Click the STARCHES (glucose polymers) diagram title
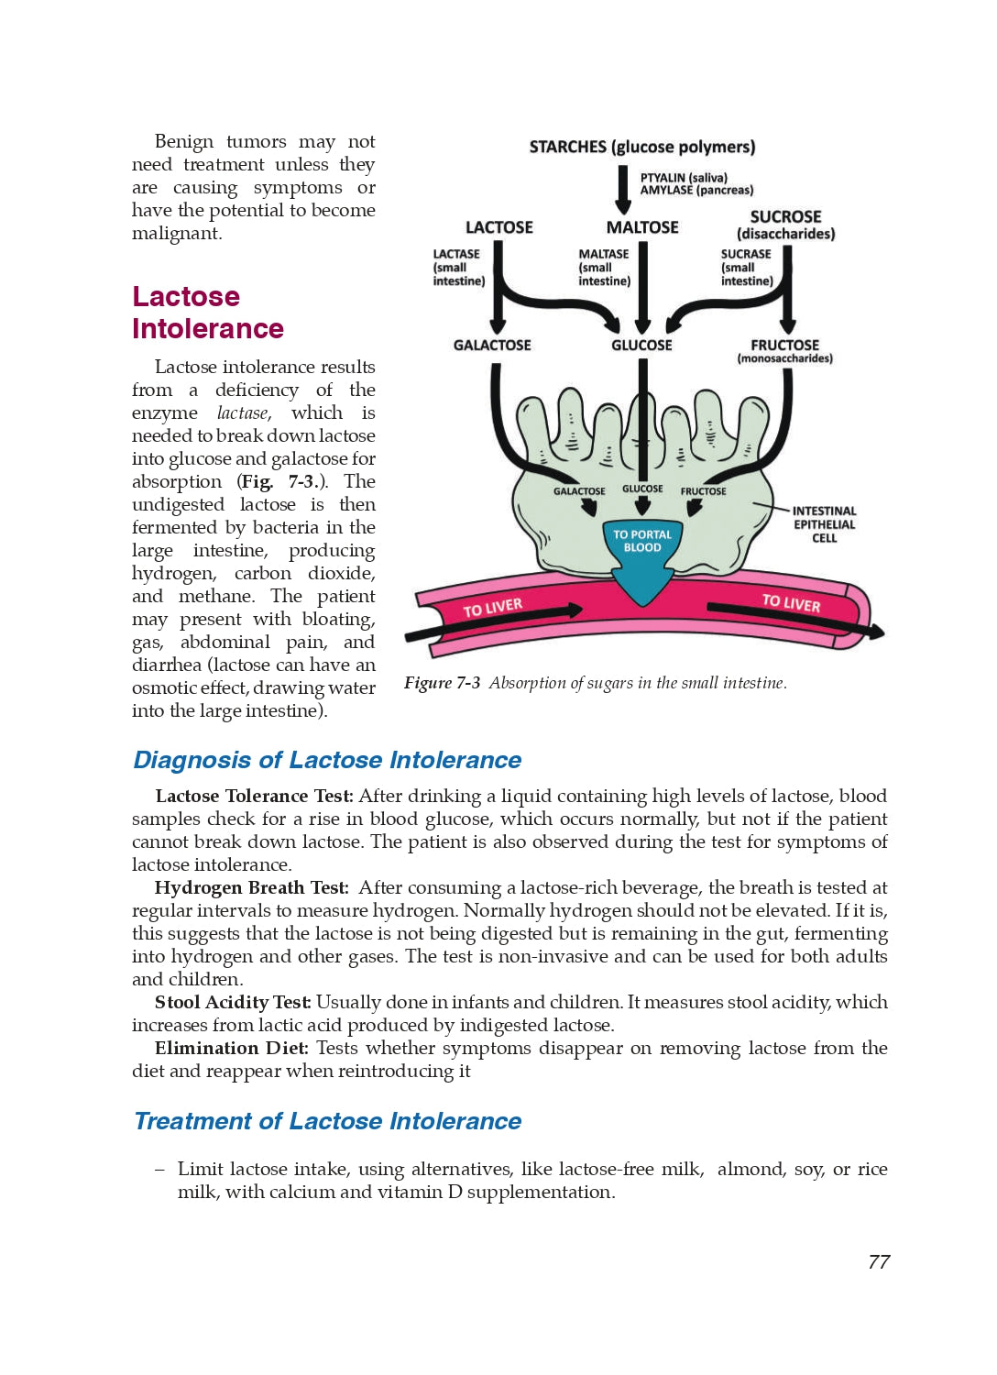(x=641, y=147)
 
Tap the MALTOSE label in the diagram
(x=642, y=227)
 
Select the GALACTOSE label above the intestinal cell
(x=492, y=345)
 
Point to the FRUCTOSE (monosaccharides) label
(x=785, y=350)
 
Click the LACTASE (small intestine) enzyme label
(x=458, y=268)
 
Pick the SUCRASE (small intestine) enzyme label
(x=746, y=268)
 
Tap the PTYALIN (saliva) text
(x=684, y=178)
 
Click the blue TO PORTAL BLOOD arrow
(x=642, y=559)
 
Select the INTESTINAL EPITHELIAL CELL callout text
(x=824, y=524)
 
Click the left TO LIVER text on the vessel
(x=492, y=608)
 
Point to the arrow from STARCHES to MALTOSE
(x=623, y=189)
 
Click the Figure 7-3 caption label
(x=442, y=683)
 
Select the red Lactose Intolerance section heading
(x=207, y=313)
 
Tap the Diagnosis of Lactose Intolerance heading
(x=327, y=760)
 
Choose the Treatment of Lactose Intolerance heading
(x=327, y=1121)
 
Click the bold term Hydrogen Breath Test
(x=251, y=887)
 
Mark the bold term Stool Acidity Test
(x=233, y=1002)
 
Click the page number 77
(x=879, y=1262)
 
